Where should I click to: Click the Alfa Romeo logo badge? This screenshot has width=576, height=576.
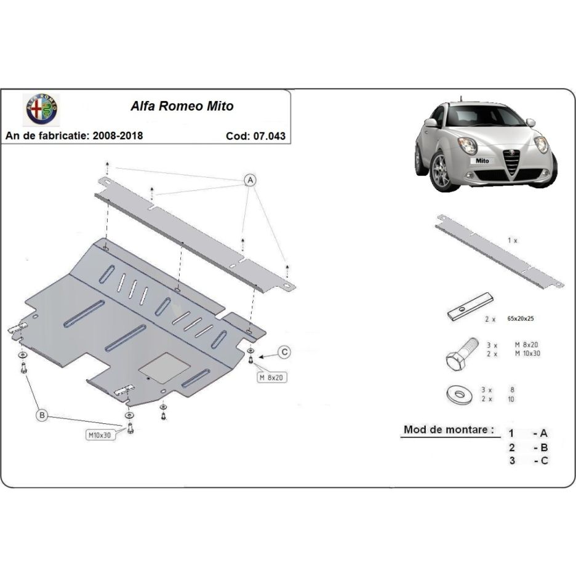point(41,110)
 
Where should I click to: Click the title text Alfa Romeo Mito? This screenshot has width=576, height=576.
point(182,106)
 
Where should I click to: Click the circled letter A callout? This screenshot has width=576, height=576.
point(250,180)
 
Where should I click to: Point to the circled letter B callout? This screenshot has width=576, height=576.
point(42,417)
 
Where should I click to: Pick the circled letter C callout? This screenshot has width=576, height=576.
point(284,352)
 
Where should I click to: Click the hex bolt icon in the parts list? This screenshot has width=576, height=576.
point(462,353)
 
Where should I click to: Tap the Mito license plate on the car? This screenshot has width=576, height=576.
point(483,160)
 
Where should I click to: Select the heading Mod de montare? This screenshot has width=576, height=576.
point(449,430)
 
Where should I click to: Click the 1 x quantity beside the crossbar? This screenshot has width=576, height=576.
point(512,241)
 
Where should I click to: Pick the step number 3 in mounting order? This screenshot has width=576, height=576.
point(511,460)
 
